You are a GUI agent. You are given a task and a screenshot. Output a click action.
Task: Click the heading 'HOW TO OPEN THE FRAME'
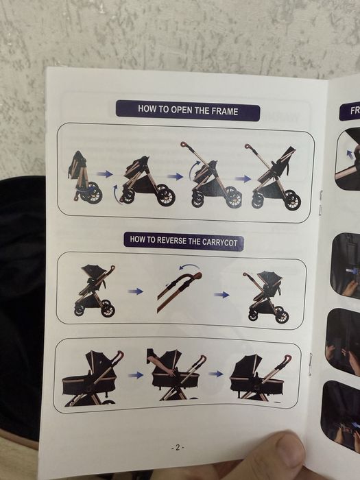187,110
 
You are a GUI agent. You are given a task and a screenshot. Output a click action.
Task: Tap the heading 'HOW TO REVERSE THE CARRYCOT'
184,241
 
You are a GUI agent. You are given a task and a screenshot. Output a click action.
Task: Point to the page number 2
178,447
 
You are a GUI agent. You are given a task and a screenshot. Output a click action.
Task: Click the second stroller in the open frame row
146,181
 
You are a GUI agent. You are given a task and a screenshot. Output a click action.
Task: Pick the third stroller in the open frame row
213,176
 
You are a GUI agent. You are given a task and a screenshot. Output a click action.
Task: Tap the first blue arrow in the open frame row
105,174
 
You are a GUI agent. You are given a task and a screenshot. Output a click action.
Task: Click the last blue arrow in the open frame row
243,178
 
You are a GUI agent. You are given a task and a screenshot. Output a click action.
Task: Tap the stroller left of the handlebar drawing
96,291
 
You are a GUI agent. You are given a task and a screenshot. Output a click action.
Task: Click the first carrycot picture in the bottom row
92,379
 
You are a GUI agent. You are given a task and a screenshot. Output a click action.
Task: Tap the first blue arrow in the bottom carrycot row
136,375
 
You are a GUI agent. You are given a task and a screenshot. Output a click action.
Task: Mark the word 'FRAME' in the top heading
235,110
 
